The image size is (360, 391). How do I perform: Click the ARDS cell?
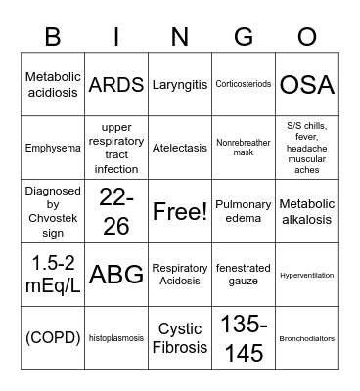click(116, 85)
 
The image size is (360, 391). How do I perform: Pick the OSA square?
click(305, 85)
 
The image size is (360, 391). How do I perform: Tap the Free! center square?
click(180, 211)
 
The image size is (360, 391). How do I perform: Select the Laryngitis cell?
click(180, 85)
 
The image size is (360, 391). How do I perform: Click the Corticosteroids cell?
click(243, 85)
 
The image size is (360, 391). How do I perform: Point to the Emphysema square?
click(53, 149)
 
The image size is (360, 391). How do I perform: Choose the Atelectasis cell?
click(180, 149)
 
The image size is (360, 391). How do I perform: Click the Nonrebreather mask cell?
click(243, 149)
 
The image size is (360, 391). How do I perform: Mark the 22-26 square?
click(116, 211)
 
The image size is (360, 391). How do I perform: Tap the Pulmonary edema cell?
click(243, 211)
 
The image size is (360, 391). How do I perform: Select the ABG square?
click(116, 275)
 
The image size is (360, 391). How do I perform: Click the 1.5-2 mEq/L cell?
click(53, 275)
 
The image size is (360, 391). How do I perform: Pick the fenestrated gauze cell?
click(243, 275)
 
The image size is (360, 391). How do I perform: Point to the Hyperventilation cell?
click(305, 275)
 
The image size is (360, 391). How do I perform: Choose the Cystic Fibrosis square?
click(180, 337)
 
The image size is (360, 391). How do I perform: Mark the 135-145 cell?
click(243, 337)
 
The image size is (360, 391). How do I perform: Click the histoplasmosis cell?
click(116, 337)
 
